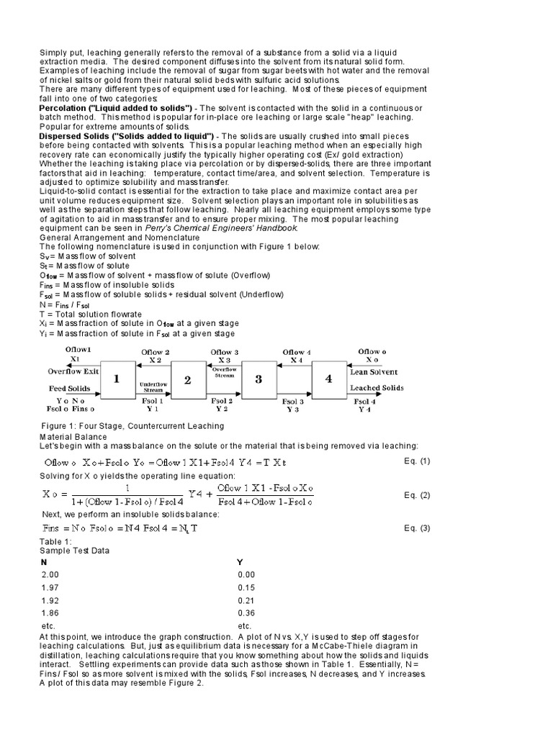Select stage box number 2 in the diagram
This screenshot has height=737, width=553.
(x=187, y=379)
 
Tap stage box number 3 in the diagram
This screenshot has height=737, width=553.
(x=258, y=379)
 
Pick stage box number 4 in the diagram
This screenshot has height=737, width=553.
(x=328, y=379)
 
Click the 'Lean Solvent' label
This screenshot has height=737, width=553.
(x=372, y=372)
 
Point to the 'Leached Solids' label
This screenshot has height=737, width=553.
(x=375, y=388)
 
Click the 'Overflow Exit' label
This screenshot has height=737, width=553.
(x=72, y=372)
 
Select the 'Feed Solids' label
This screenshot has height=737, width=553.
(x=71, y=388)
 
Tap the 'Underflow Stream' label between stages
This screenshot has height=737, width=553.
(x=152, y=386)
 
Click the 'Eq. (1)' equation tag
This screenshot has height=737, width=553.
(x=415, y=461)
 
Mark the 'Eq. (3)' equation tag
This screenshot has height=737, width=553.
(x=415, y=528)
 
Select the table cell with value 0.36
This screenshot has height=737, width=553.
(x=246, y=614)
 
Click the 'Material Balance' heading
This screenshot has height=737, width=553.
(x=73, y=436)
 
